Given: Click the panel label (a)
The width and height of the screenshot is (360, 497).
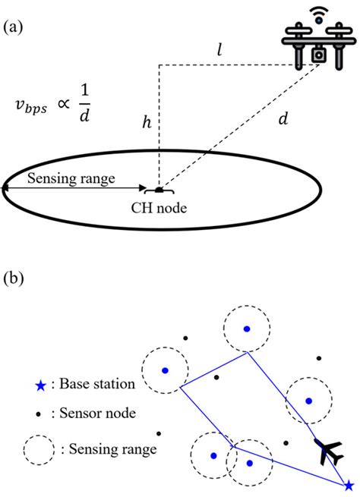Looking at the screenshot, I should click(x=13, y=28).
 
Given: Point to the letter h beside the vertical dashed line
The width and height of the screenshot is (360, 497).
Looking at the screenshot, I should click(x=146, y=122).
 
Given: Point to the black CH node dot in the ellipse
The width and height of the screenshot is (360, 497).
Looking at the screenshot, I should click(x=159, y=189).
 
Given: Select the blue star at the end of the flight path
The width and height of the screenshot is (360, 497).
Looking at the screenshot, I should click(x=348, y=485).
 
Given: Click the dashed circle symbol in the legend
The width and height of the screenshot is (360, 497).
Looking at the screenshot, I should click(x=38, y=449).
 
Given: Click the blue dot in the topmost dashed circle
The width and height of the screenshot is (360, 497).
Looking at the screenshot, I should click(x=246, y=329).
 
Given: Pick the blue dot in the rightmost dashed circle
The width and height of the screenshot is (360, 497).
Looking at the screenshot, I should click(x=308, y=399).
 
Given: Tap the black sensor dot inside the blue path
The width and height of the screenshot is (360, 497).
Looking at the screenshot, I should click(x=217, y=377).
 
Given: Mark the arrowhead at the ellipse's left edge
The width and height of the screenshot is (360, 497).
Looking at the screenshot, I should click(x=6, y=187).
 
